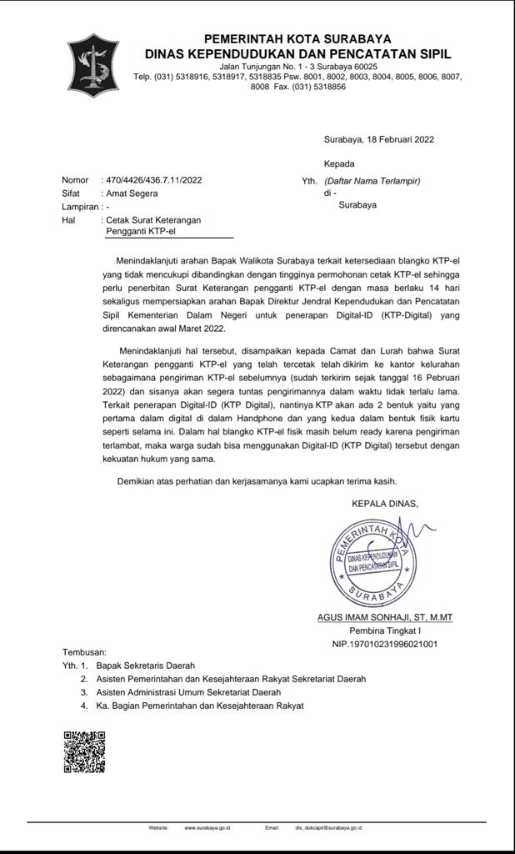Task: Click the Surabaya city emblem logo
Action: [92, 65]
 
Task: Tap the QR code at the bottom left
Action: [84, 751]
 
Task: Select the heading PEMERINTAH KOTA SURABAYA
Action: [297, 39]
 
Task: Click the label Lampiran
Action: [80, 206]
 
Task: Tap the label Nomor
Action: [75, 180]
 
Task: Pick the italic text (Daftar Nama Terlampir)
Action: [372, 181]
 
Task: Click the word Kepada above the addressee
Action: [339, 163]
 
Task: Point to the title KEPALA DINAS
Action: [384, 503]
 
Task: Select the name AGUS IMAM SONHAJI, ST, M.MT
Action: [384, 618]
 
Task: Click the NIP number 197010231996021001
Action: [384, 644]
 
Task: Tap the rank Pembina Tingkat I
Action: [384, 631]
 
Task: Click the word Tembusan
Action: [84, 651]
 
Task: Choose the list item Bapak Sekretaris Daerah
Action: [145, 666]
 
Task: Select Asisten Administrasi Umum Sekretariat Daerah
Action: [188, 692]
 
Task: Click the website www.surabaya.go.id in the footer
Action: [207, 828]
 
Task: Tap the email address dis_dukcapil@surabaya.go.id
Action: [328, 828]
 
